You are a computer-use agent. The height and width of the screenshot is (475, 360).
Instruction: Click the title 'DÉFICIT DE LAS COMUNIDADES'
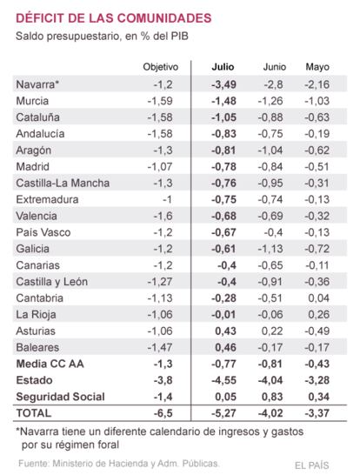click(114, 18)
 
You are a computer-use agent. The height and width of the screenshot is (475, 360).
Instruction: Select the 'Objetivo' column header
click(161, 67)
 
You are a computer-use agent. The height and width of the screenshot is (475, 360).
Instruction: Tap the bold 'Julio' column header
click(223, 67)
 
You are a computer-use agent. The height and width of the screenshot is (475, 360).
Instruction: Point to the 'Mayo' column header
click(317, 67)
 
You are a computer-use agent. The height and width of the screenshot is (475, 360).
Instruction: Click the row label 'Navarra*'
click(37, 84)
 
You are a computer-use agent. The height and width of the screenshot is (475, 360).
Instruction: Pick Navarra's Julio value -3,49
click(223, 84)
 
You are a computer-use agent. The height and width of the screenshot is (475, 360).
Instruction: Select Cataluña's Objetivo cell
click(160, 117)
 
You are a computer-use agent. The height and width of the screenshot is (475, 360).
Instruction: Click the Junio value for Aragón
click(270, 151)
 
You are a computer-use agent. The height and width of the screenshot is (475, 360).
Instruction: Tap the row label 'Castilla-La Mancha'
click(63, 183)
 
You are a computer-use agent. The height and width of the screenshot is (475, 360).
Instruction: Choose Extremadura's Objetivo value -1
click(167, 199)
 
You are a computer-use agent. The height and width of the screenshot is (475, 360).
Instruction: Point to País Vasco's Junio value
click(273, 232)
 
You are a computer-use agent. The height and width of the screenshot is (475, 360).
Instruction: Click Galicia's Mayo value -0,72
click(317, 249)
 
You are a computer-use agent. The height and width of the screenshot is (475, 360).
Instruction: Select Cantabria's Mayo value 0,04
click(319, 298)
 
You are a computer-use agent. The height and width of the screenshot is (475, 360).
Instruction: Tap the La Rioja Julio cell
click(223, 314)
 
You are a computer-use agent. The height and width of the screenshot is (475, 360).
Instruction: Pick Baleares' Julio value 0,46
click(225, 347)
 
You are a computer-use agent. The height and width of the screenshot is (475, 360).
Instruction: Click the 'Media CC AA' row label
click(50, 364)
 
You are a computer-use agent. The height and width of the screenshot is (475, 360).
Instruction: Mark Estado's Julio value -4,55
click(223, 380)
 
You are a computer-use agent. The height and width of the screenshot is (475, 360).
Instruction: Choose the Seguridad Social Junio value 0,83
click(272, 397)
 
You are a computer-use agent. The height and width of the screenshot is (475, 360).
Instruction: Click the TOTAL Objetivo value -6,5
click(163, 413)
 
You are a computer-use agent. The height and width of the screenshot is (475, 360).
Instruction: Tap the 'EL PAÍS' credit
click(312, 465)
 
